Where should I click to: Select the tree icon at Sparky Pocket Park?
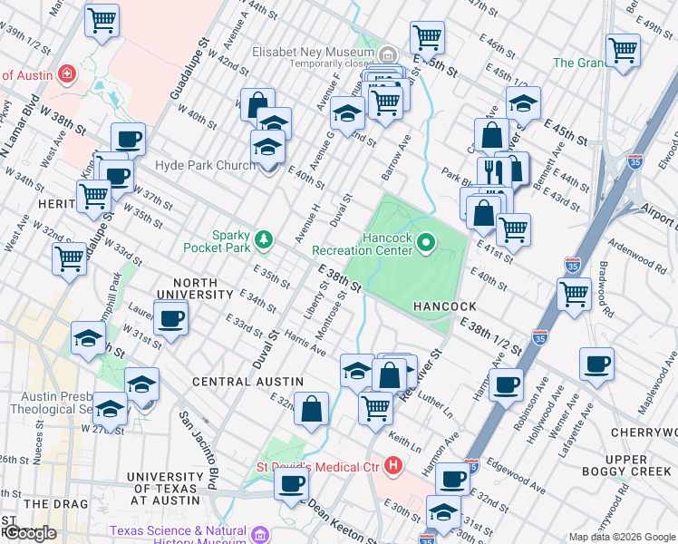pos(264,239)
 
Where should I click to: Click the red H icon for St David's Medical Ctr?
pos(392,467)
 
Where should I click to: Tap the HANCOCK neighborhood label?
pos(445,307)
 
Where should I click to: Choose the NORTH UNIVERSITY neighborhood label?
pos(195,287)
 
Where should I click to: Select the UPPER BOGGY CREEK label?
pos(639,466)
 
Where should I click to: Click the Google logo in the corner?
pos(29,533)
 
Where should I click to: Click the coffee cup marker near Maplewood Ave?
pos(596,364)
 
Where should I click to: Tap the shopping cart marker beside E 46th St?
pos(427,38)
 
